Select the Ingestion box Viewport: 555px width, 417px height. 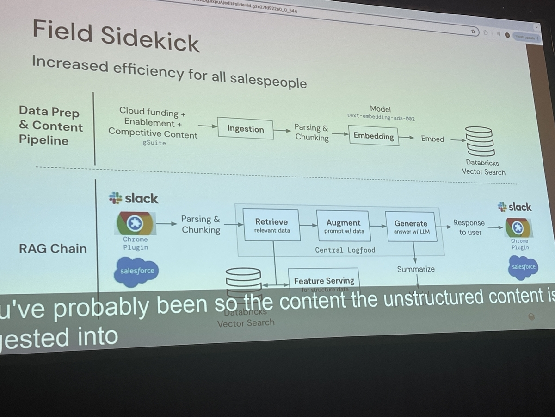pyautogui.click(x=245, y=129)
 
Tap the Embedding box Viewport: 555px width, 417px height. pyautogui.click(x=374, y=136)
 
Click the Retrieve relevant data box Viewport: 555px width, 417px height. pyautogui.click(x=271, y=225)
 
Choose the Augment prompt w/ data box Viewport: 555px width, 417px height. pyautogui.click(x=343, y=226)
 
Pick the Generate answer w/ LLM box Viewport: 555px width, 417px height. pyautogui.click(x=411, y=227)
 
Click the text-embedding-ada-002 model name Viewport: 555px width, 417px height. pyautogui.click(x=381, y=118)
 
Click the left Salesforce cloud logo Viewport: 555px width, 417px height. pyautogui.click(x=136, y=271)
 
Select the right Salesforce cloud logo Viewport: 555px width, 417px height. pyautogui.click(x=524, y=267)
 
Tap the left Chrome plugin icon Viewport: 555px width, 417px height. pyautogui.click(x=136, y=223)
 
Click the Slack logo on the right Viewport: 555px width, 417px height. pyautogui.click(x=514, y=207)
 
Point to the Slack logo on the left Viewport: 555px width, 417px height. pyautogui.click(x=134, y=199)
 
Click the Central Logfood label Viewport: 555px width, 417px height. pyautogui.click(x=345, y=250)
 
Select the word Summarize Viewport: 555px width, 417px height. pyautogui.click(x=416, y=269)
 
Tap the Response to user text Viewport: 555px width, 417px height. pyautogui.click(x=469, y=227)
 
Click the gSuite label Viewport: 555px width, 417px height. pyautogui.click(x=154, y=143)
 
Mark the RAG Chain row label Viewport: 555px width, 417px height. pyautogui.click(x=53, y=249)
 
